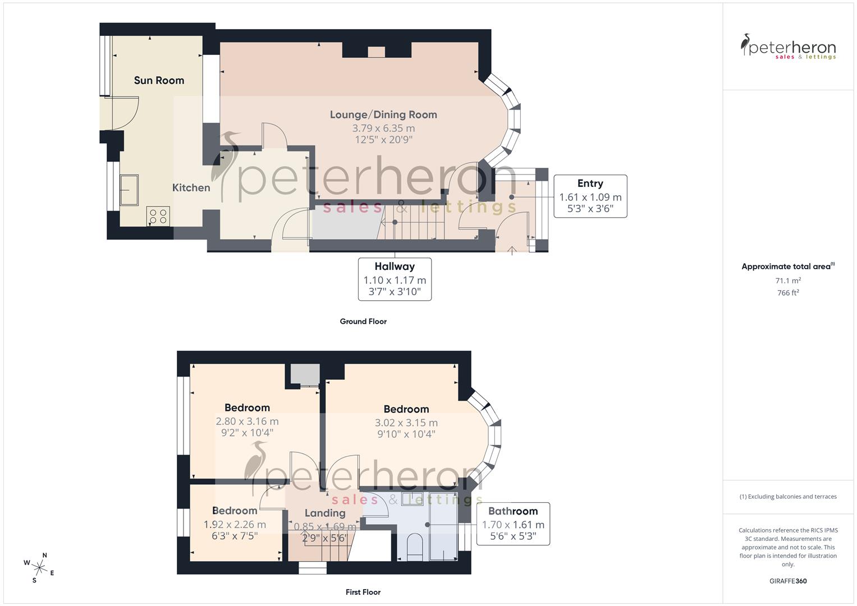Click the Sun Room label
pos(159,80)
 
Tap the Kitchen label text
pos(191,187)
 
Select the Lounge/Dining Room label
pos(383,114)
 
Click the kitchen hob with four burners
pos(158,216)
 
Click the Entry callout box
pos(590,196)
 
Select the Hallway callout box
pos(395,279)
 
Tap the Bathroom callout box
pos(512,524)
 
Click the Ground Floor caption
pos(363,322)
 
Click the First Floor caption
pos(363,592)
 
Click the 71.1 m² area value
pos(788,281)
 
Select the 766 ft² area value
pos(788,293)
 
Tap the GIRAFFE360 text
pos(788,581)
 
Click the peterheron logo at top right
pos(788,47)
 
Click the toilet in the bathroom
pos(414,546)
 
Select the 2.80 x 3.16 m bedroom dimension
pos(247,421)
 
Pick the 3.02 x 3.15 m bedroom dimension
pos(406,423)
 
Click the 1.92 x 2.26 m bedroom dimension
pos(235,525)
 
